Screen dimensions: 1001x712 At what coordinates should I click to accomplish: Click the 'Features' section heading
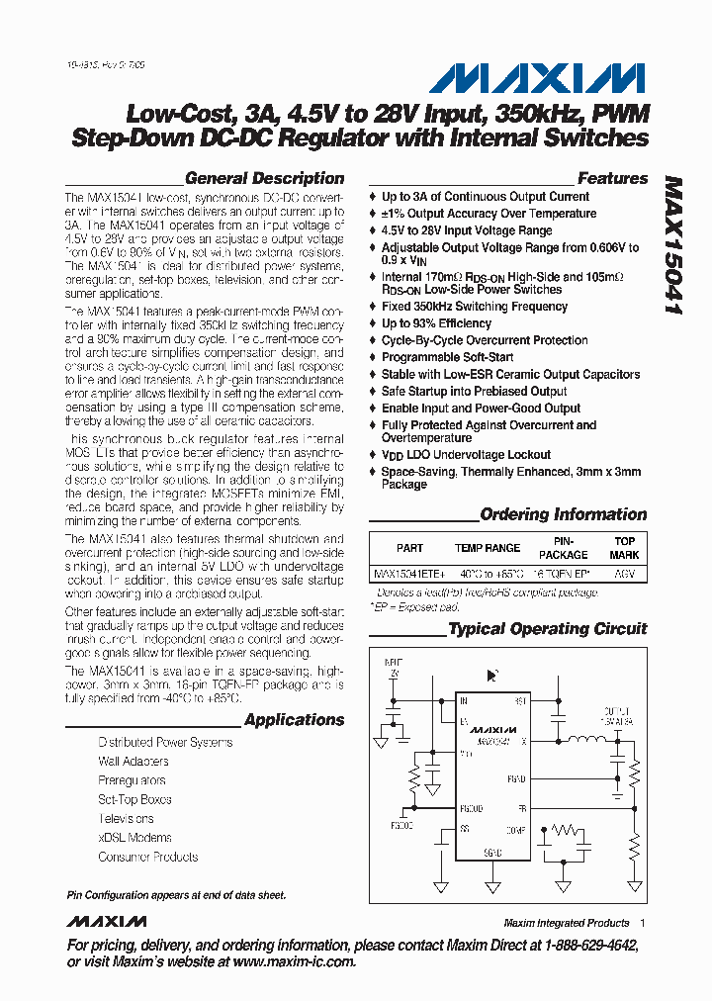pos(612,179)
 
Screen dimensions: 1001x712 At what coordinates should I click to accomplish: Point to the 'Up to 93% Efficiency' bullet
pos(436,323)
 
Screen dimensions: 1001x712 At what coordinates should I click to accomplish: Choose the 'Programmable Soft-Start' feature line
pos(447,357)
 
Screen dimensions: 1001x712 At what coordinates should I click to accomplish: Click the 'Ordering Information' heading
pos(563,514)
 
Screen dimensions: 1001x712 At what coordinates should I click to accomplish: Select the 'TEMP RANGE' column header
pos(487,548)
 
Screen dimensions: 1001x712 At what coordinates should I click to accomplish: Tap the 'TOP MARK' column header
pos(624,548)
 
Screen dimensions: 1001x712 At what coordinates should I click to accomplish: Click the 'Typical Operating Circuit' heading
pos(547,629)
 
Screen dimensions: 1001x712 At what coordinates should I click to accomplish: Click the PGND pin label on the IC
pos(516,779)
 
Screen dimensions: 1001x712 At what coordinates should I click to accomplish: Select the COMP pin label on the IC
pos(516,830)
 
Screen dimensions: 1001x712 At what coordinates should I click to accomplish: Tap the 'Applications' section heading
pos(294,720)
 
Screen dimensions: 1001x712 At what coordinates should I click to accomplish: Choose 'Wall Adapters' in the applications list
pos(133,762)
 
